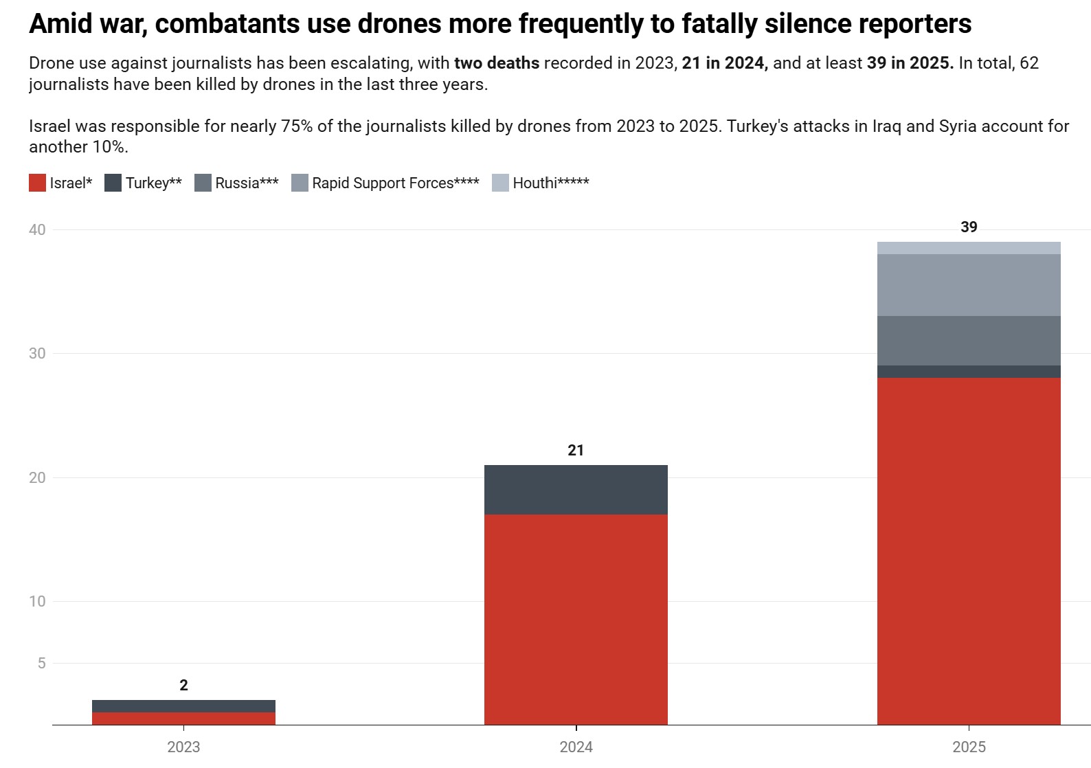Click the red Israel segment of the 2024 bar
pyautogui.click(x=576, y=619)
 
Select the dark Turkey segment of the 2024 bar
pyautogui.click(x=576, y=490)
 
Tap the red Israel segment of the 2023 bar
pyautogui.click(x=183, y=719)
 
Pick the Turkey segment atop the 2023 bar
pyautogui.click(x=183, y=706)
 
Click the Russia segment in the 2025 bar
pyautogui.click(x=969, y=341)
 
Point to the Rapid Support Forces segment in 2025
pyautogui.click(x=969, y=285)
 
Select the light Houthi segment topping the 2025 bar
pyautogui.click(x=969, y=248)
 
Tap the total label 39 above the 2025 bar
pyautogui.click(x=969, y=227)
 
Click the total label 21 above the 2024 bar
pyautogui.click(x=576, y=451)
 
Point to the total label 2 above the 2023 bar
pyautogui.click(x=183, y=686)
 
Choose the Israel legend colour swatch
pyautogui.click(x=37, y=183)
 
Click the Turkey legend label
pyautogui.click(x=153, y=183)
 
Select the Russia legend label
pyautogui.click(x=247, y=183)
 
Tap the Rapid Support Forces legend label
pyautogui.click(x=395, y=183)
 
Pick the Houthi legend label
pyautogui.click(x=550, y=183)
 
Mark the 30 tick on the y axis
pyautogui.click(x=37, y=354)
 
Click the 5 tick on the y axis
pyautogui.click(x=42, y=663)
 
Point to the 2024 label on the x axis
pyautogui.click(x=576, y=747)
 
